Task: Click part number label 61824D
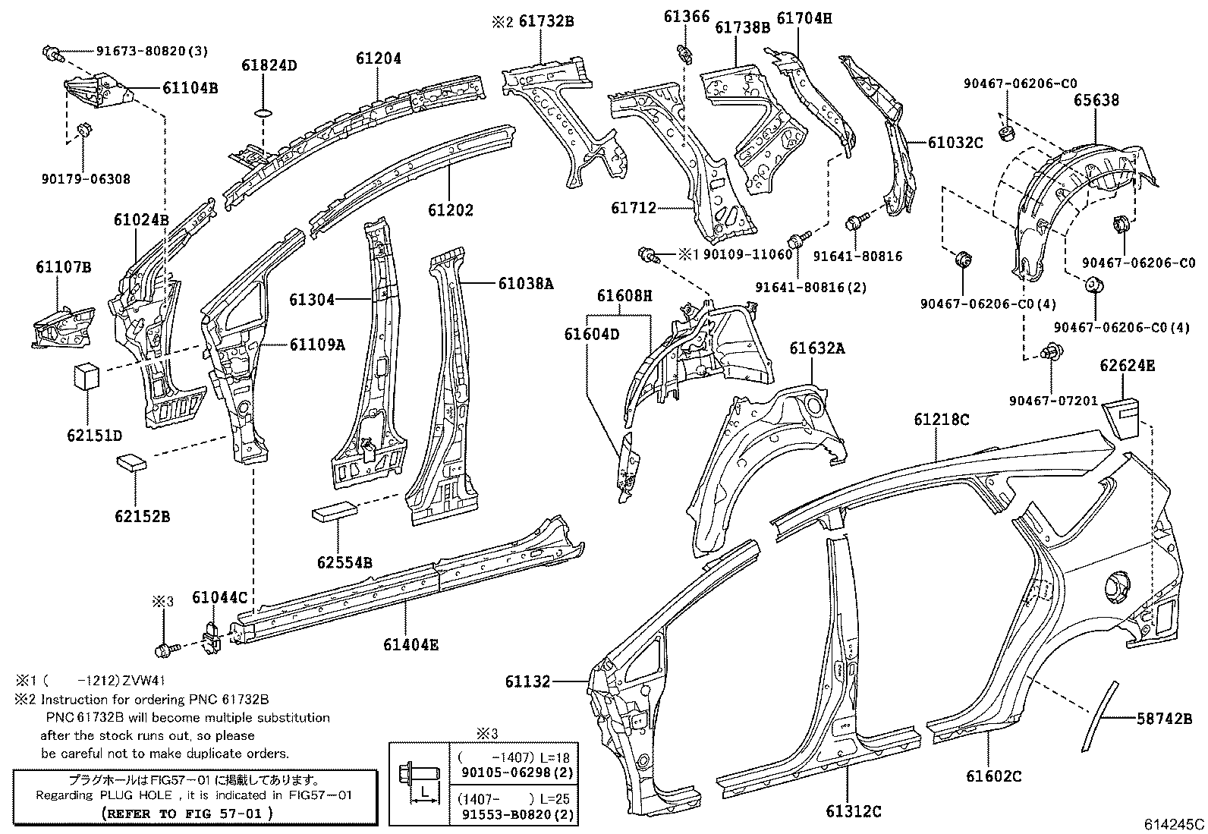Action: click(x=269, y=65)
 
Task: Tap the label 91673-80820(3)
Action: click(x=152, y=52)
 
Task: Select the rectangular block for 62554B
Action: click(x=334, y=511)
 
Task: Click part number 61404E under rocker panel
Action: click(x=411, y=645)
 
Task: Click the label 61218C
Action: click(x=941, y=420)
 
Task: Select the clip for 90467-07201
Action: click(x=1052, y=351)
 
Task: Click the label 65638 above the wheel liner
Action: click(x=1096, y=100)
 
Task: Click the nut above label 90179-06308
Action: click(x=85, y=130)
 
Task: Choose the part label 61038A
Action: click(x=526, y=284)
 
